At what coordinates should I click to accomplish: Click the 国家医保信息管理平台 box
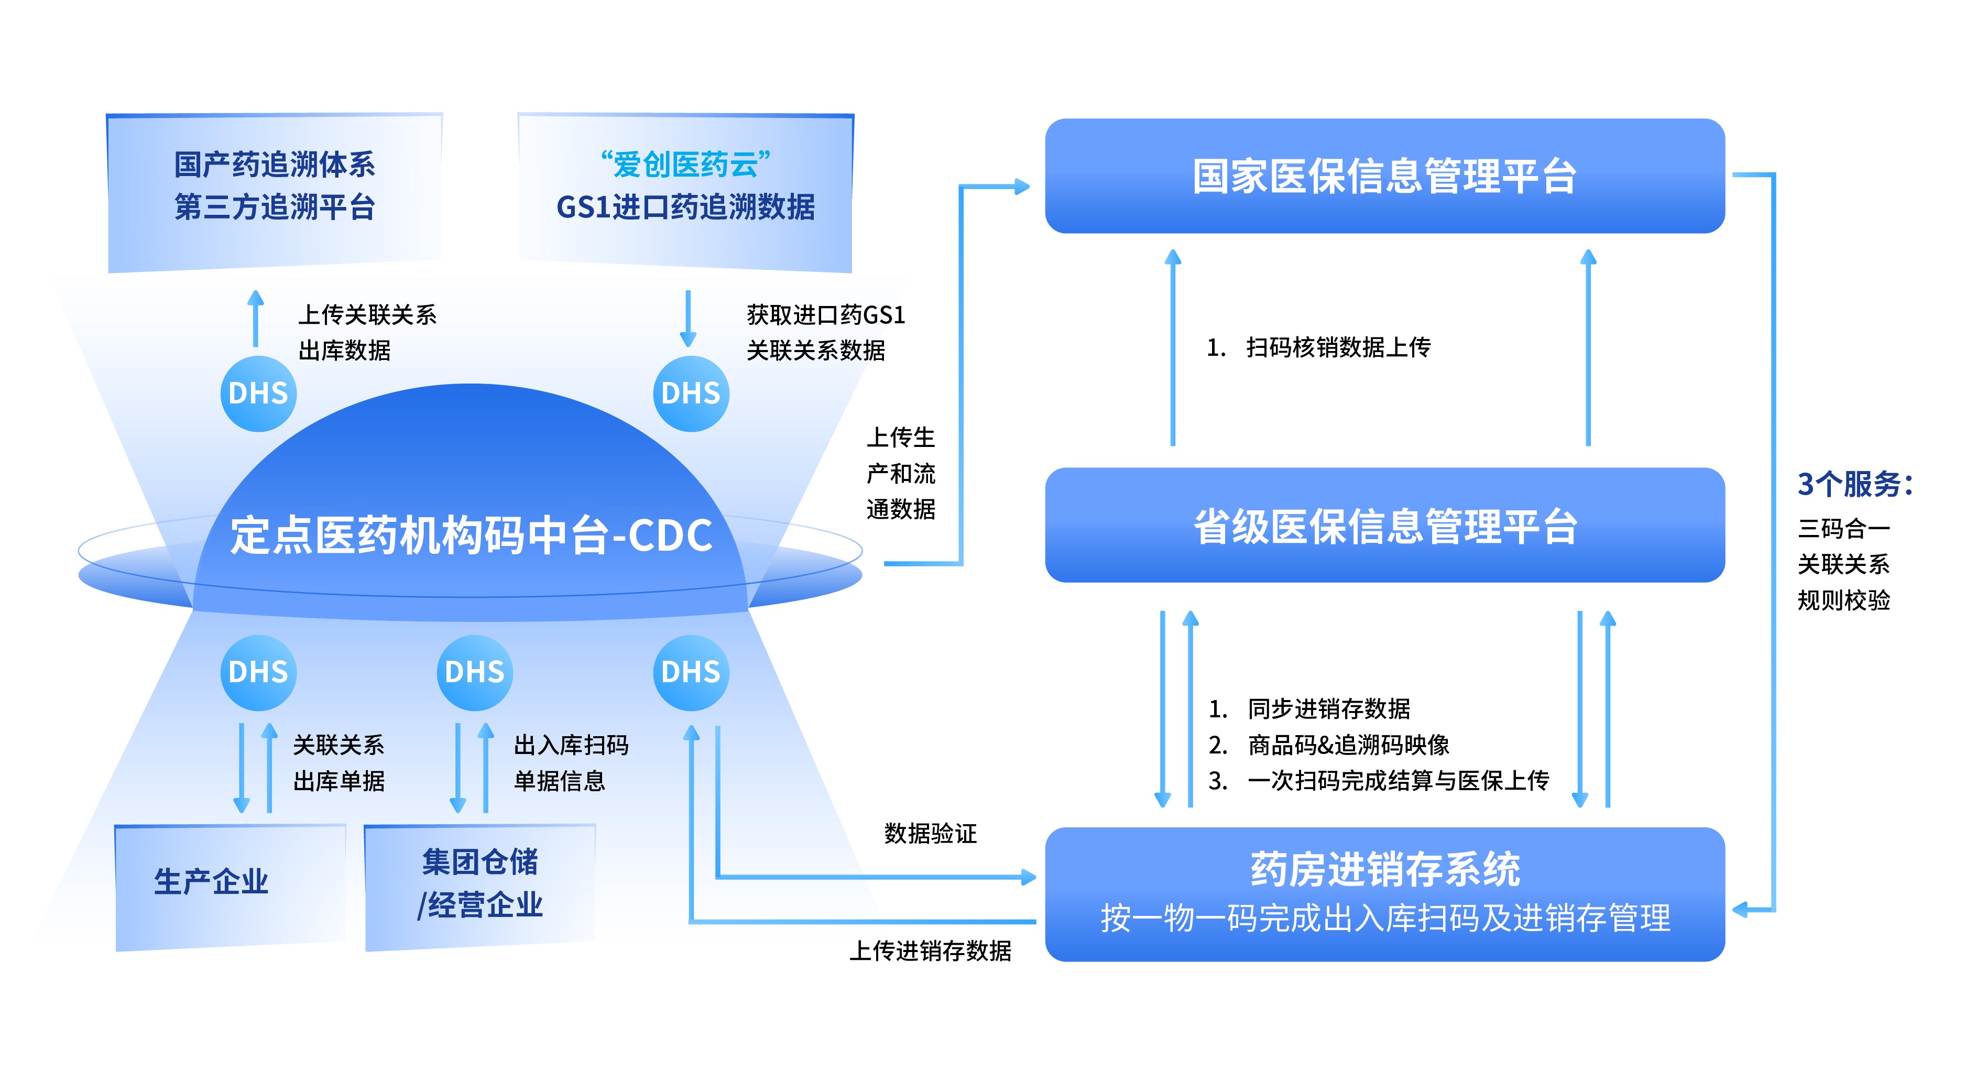tap(1384, 176)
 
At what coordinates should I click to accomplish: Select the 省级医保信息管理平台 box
tap(1384, 526)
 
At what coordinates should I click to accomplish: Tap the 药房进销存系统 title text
tap(1384, 870)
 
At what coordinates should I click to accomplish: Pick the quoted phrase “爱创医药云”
tap(685, 164)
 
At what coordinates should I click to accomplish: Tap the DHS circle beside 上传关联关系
tap(258, 394)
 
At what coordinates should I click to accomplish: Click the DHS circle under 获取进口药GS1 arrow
tap(690, 394)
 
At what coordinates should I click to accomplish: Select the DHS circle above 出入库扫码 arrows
tap(474, 672)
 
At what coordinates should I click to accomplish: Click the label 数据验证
tap(930, 834)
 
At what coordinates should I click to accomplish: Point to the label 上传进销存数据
tap(930, 950)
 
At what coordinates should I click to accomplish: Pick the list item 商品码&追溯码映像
tap(1348, 745)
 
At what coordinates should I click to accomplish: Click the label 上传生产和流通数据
tap(901, 473)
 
